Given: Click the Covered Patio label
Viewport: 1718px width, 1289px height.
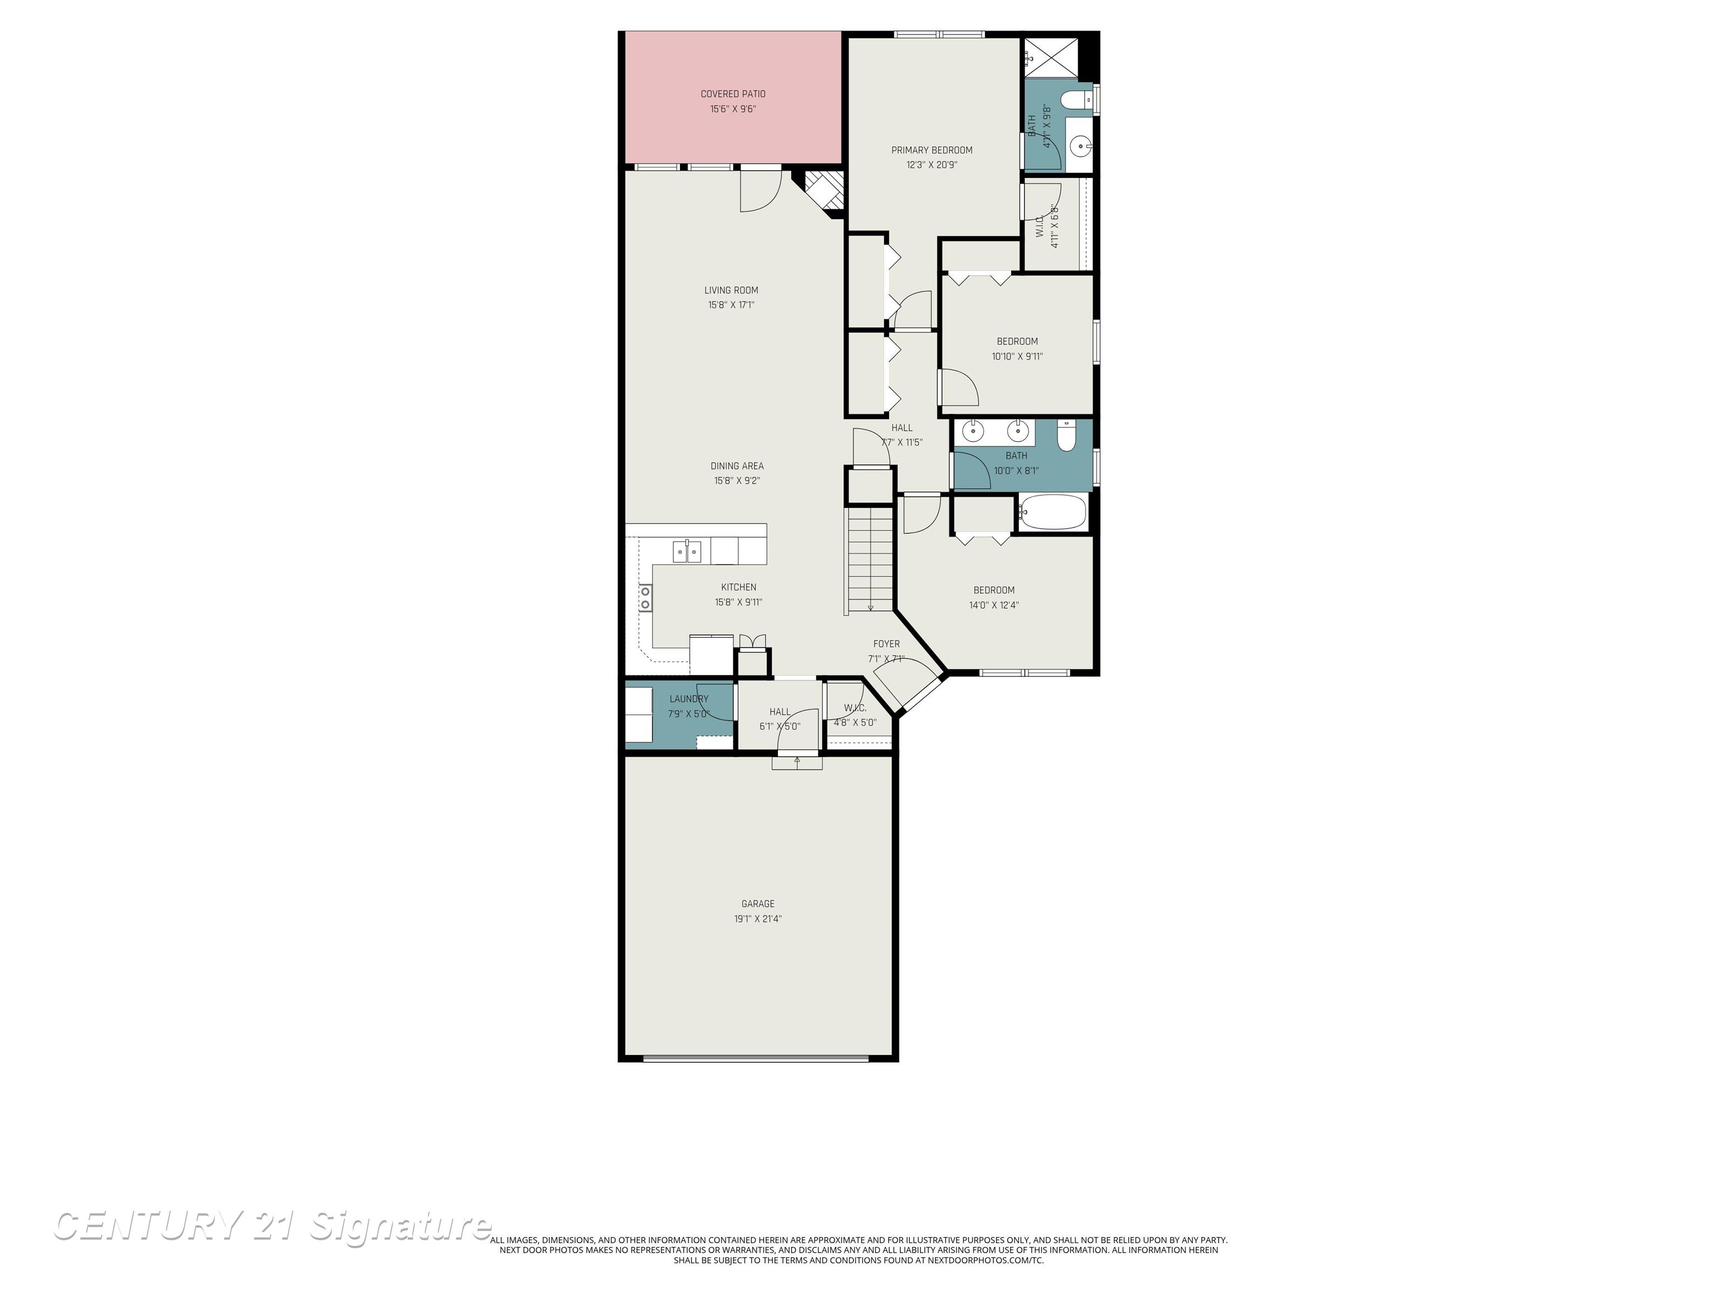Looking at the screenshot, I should [x=733, y=94].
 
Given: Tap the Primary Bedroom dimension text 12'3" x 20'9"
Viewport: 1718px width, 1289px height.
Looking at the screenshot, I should [x=931, y=164].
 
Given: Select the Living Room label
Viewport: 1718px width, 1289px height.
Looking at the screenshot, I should [x=731, y=290].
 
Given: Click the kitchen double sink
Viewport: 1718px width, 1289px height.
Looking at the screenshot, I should [x=687, y=551].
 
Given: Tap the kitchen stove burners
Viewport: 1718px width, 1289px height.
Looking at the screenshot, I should [x=645, y=598].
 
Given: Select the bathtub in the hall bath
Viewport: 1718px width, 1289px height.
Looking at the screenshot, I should [x=1052, y=513].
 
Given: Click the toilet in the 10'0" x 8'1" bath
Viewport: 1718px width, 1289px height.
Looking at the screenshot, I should [x=1065, y=436].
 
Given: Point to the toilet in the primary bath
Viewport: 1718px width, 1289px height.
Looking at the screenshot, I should [x=1074, y=100].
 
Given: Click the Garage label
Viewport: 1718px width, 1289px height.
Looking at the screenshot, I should [x=757, y=904].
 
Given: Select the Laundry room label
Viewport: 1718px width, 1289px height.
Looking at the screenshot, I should [x=688, y=699].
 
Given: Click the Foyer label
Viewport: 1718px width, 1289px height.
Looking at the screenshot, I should [x=886, y=643].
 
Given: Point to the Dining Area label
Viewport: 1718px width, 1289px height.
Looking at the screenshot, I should [x=737, y=465].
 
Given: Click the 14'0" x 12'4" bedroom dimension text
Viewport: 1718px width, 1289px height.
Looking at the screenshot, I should [x=993, y=604].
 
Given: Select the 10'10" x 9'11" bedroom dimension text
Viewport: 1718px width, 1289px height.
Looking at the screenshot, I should [x=1017, y=356].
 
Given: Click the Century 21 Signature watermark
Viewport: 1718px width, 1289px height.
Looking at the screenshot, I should [x=272, y=1226].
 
